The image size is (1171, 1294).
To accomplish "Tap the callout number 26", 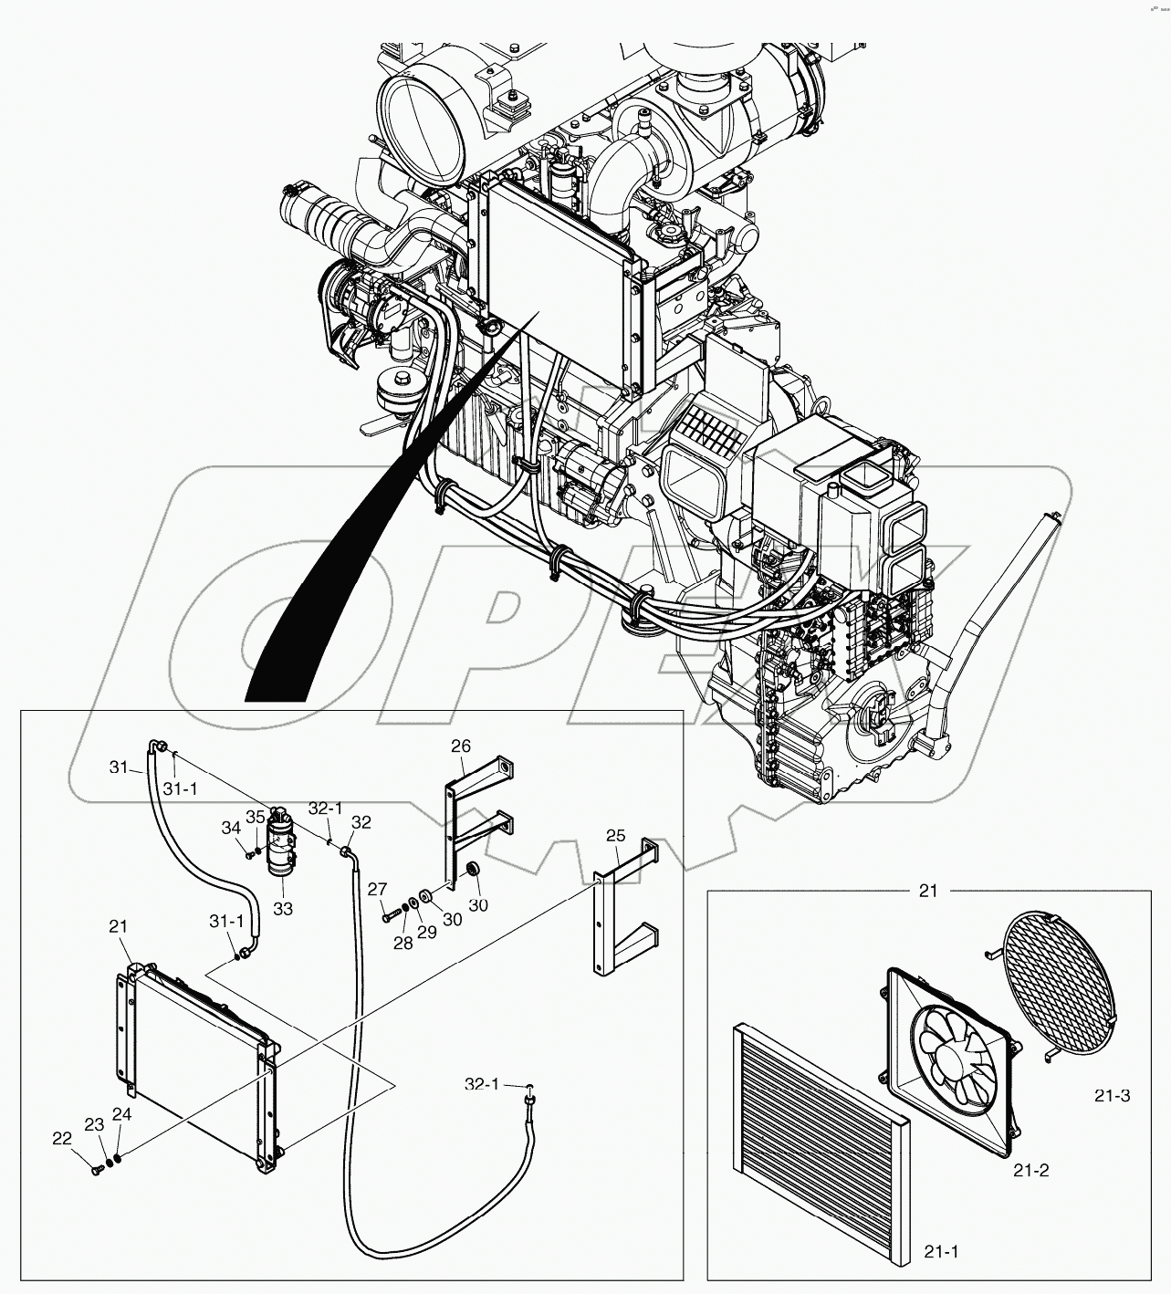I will [x=461, y=746].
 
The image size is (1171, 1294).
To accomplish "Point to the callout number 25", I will [x=615, y=835].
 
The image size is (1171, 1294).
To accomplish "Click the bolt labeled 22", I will [x=97, y=1170].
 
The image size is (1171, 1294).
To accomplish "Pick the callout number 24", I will [x=122, y=1113].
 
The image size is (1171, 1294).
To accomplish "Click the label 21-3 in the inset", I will [x=1112, y=1095].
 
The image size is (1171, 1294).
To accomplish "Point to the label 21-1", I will [x=940, y=1252].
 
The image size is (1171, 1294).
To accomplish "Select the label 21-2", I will [x=1030, y=1169].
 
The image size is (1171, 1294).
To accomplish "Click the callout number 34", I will [x=232, y=827].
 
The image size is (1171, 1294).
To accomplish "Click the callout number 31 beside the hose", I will [x=120, y=767].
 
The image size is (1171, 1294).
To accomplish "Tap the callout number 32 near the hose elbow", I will [x=361, y=821].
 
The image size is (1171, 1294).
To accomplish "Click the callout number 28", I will [x=403, y=943].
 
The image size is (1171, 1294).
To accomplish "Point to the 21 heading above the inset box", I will [x=928, y=891].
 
